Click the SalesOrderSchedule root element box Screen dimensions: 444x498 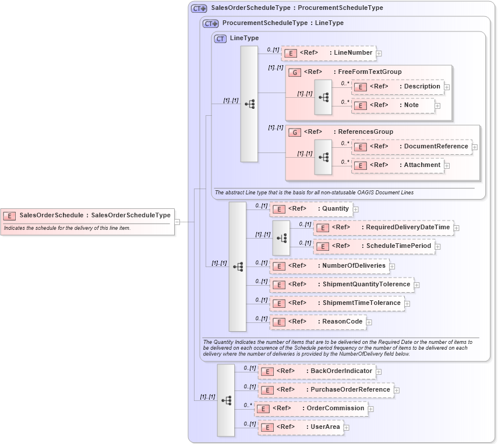coord(87,215)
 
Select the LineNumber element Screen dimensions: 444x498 coord(329,53)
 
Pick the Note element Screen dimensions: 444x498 coord(393,105)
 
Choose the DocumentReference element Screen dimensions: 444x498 coord(412,147)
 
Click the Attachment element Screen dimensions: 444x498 coord(398,165)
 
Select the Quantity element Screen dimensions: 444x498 coord(311,208)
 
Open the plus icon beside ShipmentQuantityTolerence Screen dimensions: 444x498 coord(417,285)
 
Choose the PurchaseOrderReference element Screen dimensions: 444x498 coord(326,390)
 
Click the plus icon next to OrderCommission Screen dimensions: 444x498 coord(371,409)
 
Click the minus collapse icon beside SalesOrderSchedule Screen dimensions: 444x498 coord(177,222)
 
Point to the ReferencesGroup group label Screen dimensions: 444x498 coord(363,132)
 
